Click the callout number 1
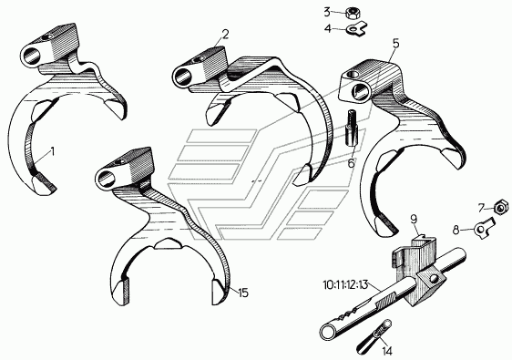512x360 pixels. [x=52, y=152]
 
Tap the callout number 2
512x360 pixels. [x=226, y=35]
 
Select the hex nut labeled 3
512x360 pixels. [x=352, y=14]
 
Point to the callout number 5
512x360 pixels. [x=395, y=44]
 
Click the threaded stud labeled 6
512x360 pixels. [x=351, y=129]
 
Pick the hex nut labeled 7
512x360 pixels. [x=501, y=207]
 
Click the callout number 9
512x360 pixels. [x=414, y=219]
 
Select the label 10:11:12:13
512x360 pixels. [x=345, y=285]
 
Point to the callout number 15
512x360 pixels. [x=243, y=293]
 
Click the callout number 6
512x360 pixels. [x=351, y=163]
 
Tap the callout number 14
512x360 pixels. [x=387, y=351]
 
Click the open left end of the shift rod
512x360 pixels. [x=327, y=333]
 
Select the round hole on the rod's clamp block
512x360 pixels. [x=434, y=279]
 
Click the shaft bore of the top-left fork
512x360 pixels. [x=31, y=57]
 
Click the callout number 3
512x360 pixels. [x=327, y=12]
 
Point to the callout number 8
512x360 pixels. [x=456, y=230]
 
